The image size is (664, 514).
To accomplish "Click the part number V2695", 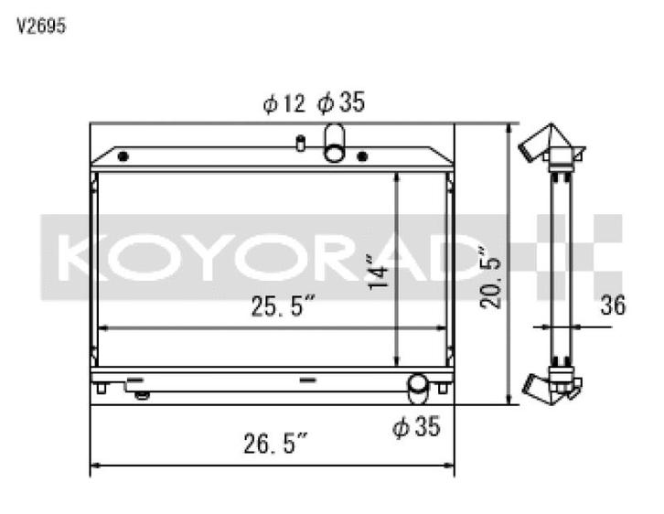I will pos(41,26).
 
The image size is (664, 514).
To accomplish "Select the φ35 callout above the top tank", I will pos(340,103).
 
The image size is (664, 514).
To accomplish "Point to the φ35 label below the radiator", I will pos(416,426).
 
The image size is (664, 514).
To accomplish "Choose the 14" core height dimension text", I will pos(380,273).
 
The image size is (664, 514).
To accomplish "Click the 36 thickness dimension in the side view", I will pos(612,305).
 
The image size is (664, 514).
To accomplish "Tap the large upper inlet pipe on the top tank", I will pos(335,143).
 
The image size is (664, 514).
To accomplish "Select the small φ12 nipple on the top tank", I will pos(300,143).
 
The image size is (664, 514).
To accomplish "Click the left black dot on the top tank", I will pos(123,156).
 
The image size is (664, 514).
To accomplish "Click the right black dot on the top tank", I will pos(362,156).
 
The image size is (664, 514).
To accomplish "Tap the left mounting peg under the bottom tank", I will pos(101,389).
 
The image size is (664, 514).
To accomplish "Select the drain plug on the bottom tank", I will pos(141,395).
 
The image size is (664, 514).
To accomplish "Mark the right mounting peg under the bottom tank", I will pos(443,389).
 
